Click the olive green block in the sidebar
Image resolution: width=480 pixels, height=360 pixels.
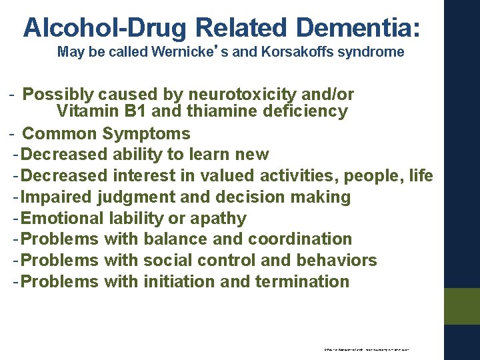pyautogui.click(x=462, y=306)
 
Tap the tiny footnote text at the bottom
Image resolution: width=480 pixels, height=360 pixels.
pyautogui.click(x=367, y=349)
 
